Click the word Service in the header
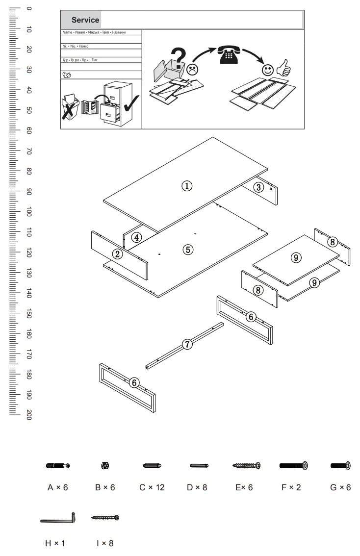click(85, 20)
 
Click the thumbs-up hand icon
click(283, 68)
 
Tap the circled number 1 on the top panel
click(187, 186)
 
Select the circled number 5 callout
click(187, 250)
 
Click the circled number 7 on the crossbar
click(187, 344)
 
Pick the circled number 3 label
click(259, 187)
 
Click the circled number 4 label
click(137, 237)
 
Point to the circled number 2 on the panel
click(117, 254)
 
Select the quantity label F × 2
click(291, 488)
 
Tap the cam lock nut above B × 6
click(104, 465)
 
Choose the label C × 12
click(152, 488)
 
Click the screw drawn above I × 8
click(105, 517)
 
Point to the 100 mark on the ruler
click(29, 212)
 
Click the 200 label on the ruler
click(29, 415)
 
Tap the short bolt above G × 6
click(340, 466)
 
